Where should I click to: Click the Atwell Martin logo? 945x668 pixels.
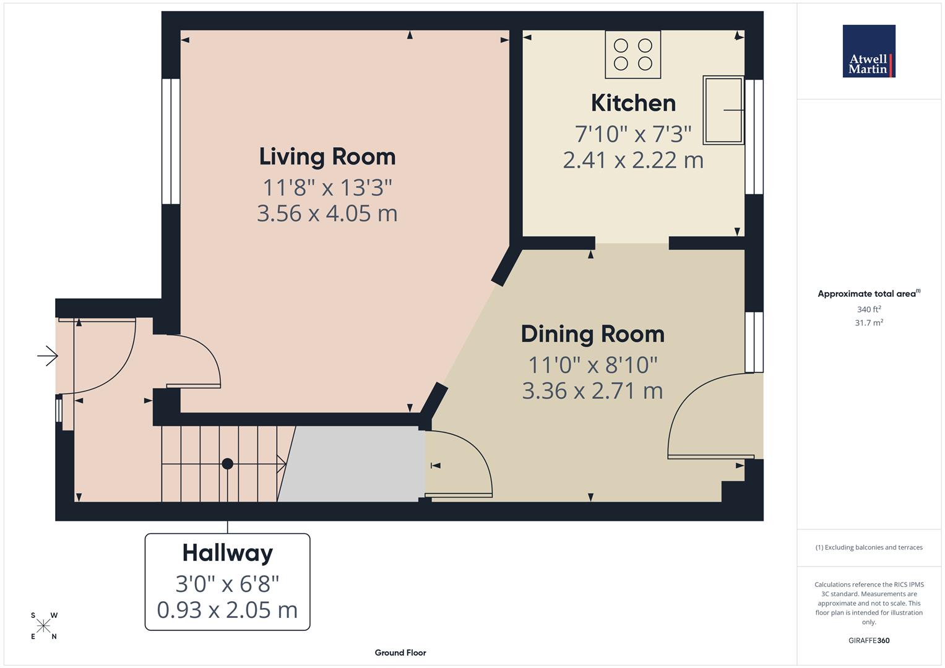point(869,51)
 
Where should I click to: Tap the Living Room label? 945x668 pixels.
point(327,156)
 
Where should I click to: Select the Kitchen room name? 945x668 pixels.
point(633,103)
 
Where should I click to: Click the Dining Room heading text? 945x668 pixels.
point(592,334)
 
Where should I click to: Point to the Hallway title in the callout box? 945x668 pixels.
point(227,552)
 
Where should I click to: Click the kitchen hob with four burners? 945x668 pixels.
point(632,54)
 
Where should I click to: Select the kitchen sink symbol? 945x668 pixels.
point(723,110)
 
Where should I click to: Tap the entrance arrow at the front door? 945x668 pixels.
point(48,356)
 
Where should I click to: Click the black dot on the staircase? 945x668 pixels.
point(228,463)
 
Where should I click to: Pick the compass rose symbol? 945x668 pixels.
point(43,626)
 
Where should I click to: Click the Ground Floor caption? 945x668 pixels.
point(400,653)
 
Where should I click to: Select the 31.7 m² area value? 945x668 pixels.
point(869,322)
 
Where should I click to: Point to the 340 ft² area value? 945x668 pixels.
point(869,309)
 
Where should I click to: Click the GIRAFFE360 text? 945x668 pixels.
point(869,640)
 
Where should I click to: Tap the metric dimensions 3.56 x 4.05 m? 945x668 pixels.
point(327,213)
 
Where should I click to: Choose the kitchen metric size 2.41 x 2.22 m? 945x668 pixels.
point(633,160)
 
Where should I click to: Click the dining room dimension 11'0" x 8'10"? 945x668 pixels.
point(592,365)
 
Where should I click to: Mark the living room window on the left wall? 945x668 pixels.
point(171,141)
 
